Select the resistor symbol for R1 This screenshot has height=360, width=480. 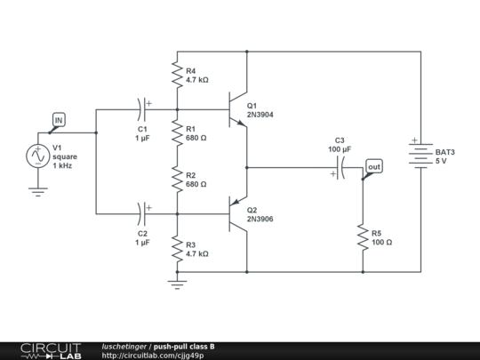[x=177, y=132]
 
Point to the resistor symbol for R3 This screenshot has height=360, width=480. [x=177, y=248]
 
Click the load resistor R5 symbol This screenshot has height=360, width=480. [x=364, y=236]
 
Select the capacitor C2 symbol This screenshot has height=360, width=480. [x=142, y=213]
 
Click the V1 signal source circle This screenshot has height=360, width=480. [x=38, y=156]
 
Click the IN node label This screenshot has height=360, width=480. [x=59, y=119]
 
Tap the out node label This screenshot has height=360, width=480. [x=374, y=166]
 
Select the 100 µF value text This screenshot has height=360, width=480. [x=340, y=149]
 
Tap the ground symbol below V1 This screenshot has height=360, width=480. [x=38, y=188]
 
